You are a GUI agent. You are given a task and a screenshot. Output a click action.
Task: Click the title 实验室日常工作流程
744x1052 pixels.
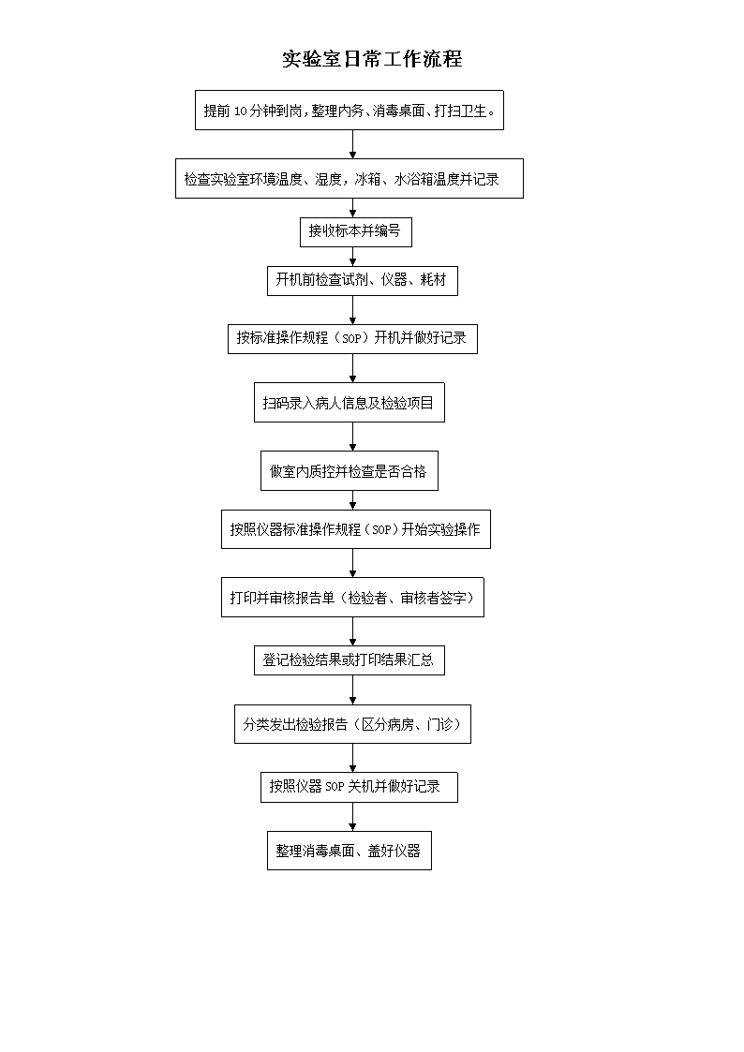[x=372, y=59]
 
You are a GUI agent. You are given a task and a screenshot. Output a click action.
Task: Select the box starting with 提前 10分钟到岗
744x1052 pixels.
[x=350, y=110]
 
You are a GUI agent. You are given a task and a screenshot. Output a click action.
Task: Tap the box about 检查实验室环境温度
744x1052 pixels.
[x=350, y=179]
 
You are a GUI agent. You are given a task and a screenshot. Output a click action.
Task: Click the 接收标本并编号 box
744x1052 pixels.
[x=355, y=231]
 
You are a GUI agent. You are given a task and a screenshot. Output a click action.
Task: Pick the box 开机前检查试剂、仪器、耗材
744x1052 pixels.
[x=363, y=280]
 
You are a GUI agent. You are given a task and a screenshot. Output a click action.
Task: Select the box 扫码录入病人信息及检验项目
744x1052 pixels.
[x=350, y=403]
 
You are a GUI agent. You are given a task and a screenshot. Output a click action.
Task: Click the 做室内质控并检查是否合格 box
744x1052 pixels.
[x=350, y=471]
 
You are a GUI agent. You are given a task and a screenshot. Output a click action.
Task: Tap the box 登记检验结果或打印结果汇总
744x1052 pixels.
[x=350, y=660]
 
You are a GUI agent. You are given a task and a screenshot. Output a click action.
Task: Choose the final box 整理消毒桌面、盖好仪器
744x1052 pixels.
[x=350, y=851]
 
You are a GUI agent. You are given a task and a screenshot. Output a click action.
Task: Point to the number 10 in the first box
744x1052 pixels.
[x=240, y=111]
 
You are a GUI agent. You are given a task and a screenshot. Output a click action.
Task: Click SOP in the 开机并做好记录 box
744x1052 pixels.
[x=351, y=338]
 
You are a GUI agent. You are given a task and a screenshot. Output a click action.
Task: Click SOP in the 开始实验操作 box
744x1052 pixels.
[x=381, y=530]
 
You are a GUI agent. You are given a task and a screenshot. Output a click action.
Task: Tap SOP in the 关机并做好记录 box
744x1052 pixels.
[x=335, y=786]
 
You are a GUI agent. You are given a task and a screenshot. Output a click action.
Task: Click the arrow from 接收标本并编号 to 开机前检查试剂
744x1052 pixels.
[x=353, y=257]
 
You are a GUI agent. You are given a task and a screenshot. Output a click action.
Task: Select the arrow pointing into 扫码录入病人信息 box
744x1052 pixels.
[x=353, y=368]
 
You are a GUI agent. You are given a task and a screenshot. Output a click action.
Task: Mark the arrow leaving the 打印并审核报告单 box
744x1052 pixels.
[x=353, y=632]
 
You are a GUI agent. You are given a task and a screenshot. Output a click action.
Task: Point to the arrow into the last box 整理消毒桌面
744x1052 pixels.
[x=353, y=817]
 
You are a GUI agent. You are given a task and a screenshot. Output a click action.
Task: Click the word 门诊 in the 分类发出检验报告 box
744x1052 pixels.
[x=439, y=724]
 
